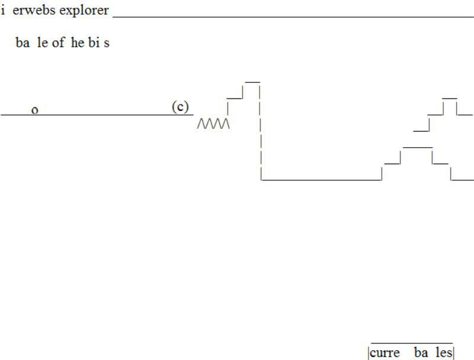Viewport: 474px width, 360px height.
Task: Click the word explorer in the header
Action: [84, 11]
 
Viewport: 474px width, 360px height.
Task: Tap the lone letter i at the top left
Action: [3, 10]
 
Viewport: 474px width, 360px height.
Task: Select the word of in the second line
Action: [58, 43]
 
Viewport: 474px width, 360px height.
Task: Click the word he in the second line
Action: [78, 43]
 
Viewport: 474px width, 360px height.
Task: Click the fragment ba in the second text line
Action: [23, 43]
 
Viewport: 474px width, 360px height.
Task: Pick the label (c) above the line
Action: [180, 107]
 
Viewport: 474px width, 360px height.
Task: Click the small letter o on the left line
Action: [35, 110]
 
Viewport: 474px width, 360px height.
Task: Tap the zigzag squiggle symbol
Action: [213, 123]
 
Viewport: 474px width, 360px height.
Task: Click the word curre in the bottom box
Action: [385, 353]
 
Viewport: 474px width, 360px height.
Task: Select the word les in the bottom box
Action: [444, 353]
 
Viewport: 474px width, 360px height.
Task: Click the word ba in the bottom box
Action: [421, 353]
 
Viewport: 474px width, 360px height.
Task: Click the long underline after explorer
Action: [293, 17]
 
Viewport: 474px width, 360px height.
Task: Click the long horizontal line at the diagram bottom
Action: [321, 179]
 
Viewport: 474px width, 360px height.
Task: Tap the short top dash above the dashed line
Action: [252, 81]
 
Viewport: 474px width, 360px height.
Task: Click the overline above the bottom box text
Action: [411, 343]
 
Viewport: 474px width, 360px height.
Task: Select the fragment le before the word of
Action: [42, 43]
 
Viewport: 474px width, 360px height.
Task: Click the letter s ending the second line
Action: [107, 44]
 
